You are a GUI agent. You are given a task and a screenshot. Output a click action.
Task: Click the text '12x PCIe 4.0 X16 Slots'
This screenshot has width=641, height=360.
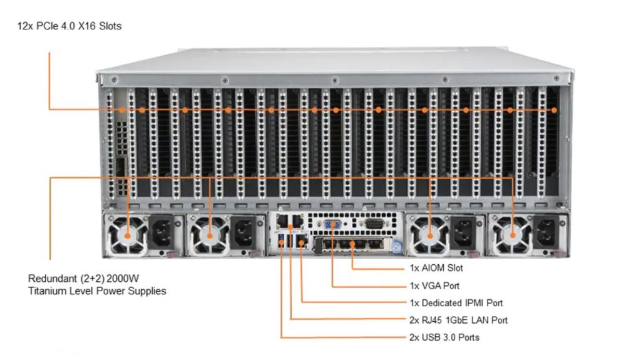(69, 26)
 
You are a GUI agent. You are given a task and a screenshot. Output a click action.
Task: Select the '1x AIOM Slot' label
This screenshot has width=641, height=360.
(436, 268)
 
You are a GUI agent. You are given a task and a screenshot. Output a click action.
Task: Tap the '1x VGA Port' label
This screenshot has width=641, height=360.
(434, 285)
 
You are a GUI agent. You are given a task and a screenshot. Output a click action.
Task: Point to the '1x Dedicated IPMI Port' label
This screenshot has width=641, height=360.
(456, 303)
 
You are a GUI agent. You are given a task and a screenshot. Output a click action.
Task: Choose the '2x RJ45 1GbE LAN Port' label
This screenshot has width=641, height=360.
(458, 321)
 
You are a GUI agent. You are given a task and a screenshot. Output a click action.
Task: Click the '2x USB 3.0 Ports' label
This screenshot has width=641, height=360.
(444, 337)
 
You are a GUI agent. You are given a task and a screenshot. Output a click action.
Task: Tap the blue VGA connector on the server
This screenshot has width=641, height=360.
(333, 224)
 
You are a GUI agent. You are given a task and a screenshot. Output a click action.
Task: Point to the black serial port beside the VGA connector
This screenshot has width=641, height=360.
(374, 224)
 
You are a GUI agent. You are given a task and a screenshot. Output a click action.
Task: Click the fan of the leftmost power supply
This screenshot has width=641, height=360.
(128, 235)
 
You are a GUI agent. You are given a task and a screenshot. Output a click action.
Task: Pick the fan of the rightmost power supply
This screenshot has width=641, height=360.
(513, 235)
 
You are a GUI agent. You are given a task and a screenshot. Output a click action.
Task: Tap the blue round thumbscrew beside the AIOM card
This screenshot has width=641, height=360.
(396, 247)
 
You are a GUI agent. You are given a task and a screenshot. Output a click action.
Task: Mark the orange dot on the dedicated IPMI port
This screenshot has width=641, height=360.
(302, 244)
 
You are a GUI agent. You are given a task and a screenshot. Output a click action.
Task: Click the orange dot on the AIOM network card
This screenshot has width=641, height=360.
(352, 244)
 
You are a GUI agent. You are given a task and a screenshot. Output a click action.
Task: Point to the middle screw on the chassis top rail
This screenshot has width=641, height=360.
(335, 80)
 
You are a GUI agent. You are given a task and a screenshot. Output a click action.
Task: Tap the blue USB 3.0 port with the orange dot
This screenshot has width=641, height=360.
(281, 241)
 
